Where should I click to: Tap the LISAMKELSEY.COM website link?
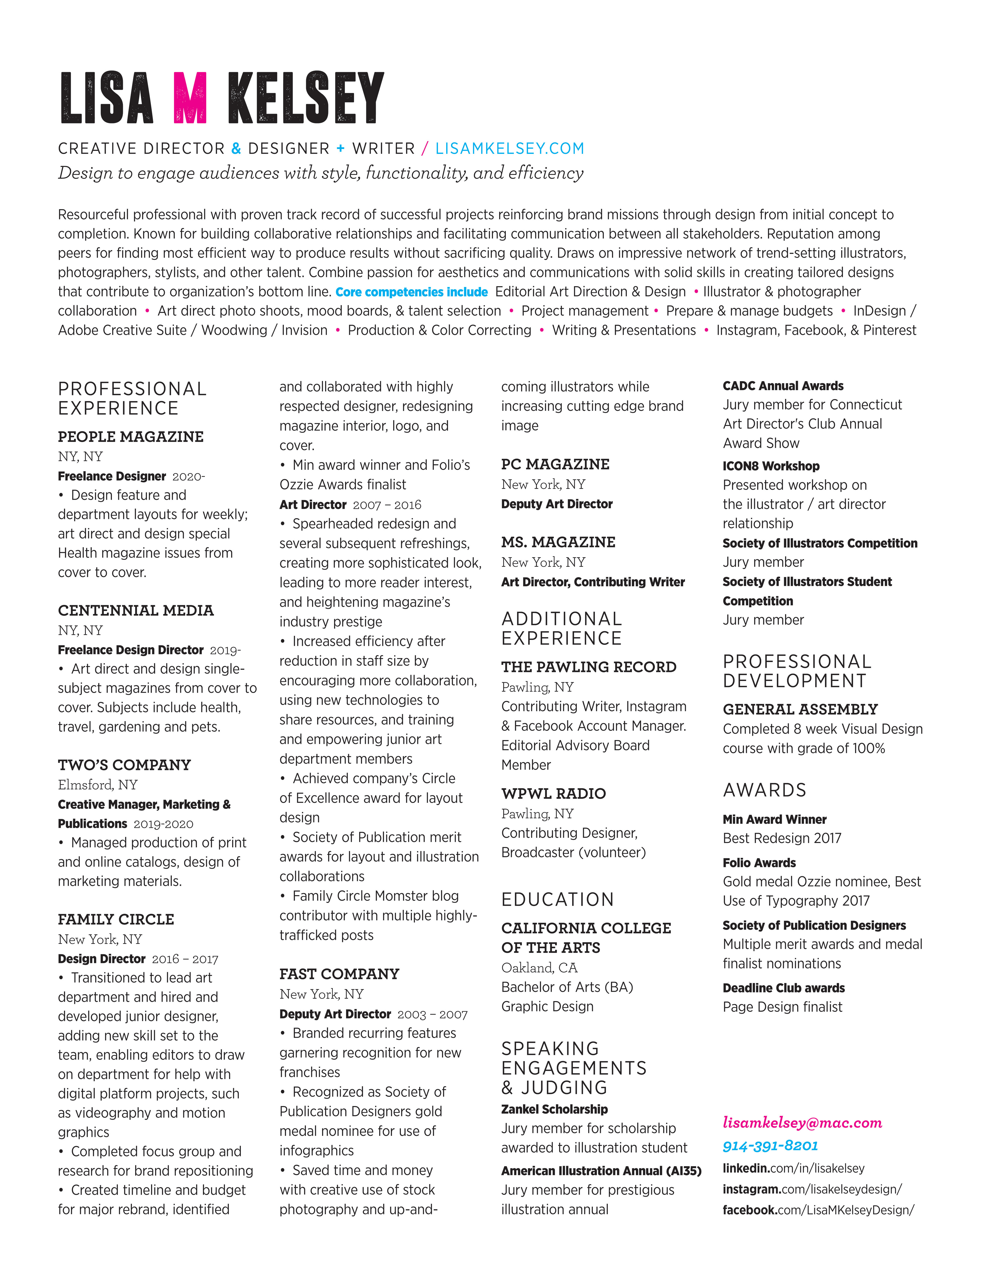coord(510,148)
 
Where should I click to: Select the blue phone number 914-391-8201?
coord(770,1146)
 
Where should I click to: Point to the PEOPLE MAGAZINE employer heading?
coord(131,437)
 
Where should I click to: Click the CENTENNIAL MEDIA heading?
coord(136,610)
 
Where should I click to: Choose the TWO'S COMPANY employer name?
coord(124,765)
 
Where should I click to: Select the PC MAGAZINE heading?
coord(555,464)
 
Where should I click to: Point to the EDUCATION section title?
coord(557,899)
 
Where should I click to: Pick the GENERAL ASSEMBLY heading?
coord(799,709)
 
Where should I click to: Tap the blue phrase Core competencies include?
coord(411,292)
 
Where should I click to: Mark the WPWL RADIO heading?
coord(553,793)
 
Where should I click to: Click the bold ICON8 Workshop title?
coord(771,466)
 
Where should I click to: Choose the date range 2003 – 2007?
coord(432,1014)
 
